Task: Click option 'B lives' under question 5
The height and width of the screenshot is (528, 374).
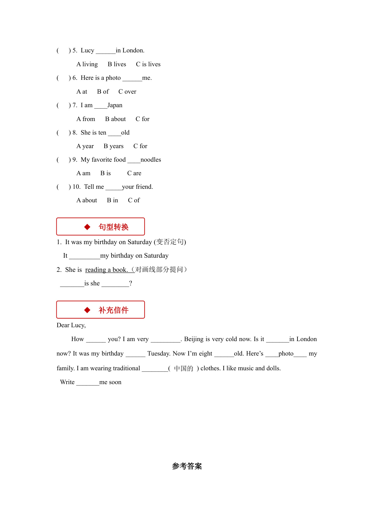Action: pyautogui.click(x=117, y=64)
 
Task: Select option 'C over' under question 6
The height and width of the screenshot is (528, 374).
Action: pyautogui.click(x=127, y=92)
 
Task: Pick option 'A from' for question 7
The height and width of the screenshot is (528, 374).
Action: pyautogui.click(x=86, y=119)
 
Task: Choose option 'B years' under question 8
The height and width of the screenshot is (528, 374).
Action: pyautogui.click(x=113, y=146)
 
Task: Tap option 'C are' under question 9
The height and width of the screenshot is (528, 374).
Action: pyautogui.click(x=134, y=173)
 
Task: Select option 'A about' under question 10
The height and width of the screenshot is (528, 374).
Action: pyautogui.click(x=87, y=200)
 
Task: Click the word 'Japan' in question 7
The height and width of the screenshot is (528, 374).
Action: pyautogui.click(x=115, y=105)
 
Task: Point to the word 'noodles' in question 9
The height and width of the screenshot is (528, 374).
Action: pyautogui.click(x=151, y=160)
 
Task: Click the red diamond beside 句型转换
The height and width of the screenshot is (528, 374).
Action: pyautogui.click(x=87, y=227)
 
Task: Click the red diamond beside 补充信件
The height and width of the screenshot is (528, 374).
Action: pyautogui.click(x=87, y=310)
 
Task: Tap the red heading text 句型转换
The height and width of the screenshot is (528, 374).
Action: pyautogui.click(x=114, y=227)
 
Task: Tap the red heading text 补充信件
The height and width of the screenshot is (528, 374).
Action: pyautogui.click(x=114, y=310)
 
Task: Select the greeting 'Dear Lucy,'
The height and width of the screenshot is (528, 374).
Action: pyautogui.click(x=71, y=325)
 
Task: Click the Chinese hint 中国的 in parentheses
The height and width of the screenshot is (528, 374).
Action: pyautogui.click(x=184, y=368)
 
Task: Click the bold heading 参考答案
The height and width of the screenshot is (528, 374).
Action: pyautogui.click(x=187, y=466)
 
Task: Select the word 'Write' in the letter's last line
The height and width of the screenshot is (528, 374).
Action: pyautogui.click(x=67, y=382)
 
